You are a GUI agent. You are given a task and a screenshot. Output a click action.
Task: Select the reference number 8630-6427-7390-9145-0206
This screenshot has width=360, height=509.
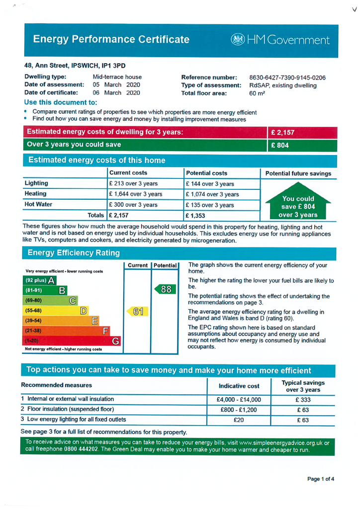[x=287, y=78]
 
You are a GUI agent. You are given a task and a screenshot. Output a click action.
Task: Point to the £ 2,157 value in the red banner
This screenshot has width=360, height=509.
[x=283, y=133]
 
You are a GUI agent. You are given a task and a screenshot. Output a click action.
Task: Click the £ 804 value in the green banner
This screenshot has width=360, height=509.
[x=280, y=145]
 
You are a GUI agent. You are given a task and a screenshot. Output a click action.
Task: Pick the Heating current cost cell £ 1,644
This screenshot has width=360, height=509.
[x=135, y=194]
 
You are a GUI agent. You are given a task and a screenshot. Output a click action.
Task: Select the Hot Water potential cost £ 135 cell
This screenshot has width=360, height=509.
[x=209, y=205]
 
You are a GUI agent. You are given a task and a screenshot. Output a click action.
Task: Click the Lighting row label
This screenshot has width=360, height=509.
[x=36, y=183]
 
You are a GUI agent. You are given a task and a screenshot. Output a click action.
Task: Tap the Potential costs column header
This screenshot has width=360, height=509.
[x=206, y=173]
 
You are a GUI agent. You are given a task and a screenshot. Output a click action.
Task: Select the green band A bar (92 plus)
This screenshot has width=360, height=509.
[x=40, y=280]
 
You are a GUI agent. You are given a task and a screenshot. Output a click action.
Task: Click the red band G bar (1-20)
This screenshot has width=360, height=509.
[x=73, y=341]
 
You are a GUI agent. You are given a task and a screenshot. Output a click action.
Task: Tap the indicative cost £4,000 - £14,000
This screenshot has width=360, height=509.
[x=239, y=400]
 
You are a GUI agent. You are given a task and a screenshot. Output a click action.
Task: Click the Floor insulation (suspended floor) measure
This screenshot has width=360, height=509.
[x=67, y=409]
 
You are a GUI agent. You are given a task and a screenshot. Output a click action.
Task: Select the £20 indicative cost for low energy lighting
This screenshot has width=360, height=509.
[x=239, y=420]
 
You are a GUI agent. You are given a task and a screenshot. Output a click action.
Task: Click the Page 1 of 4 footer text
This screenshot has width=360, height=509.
[x=321, y=479]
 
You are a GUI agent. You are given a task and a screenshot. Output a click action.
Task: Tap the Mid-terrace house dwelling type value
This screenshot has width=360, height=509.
[x=117, y=77]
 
